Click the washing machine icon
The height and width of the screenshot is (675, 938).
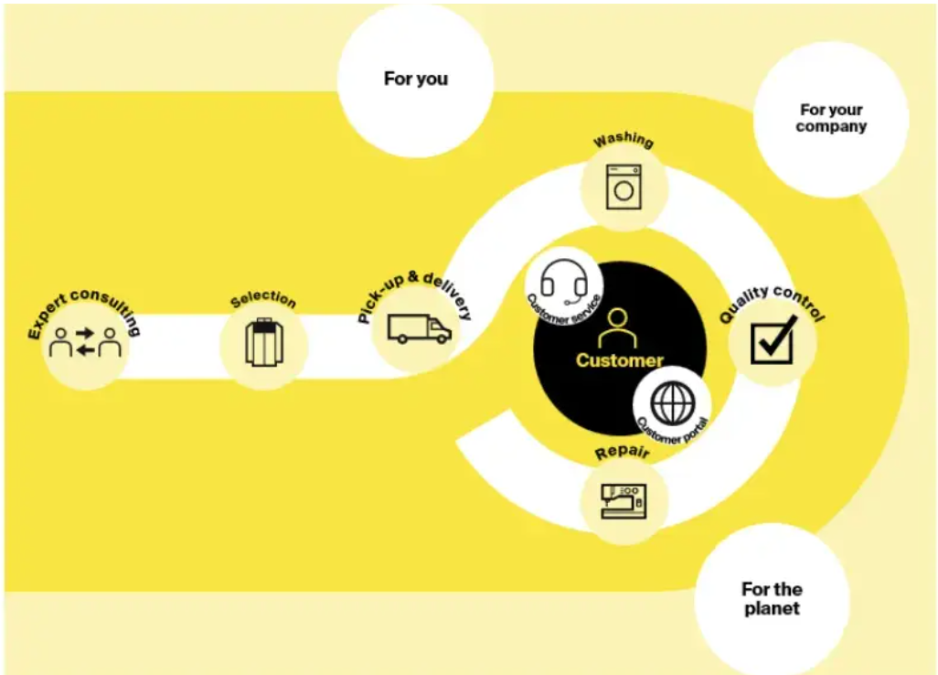pos(624,187)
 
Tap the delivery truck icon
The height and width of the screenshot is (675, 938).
pos(420,328)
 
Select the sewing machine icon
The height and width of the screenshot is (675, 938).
pos(624,501)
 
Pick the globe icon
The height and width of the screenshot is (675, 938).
pos(672,402)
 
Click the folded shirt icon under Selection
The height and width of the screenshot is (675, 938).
pos(264,342)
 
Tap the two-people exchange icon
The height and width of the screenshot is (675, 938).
pos(85,342)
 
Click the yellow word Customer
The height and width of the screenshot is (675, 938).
pos(620,360)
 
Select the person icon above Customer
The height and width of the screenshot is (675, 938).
pos(617,328)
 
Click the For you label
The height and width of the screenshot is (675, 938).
pos(416,79)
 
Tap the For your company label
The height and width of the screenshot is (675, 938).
pos(832,118)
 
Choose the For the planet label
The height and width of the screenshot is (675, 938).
pos(772,598)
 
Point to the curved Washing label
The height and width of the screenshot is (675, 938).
pos(624,140)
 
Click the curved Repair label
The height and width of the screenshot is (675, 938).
pos(623,453)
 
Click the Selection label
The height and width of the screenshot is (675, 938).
pos(264,299)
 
